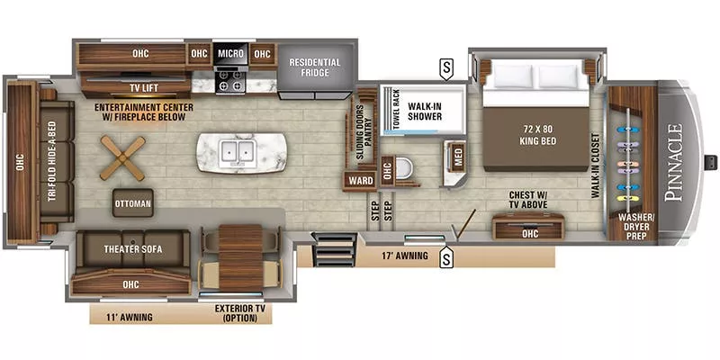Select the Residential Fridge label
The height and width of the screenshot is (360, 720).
314,68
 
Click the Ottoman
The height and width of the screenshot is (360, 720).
132,203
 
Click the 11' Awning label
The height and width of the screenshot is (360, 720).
130,316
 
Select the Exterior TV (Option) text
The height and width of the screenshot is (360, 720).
238,312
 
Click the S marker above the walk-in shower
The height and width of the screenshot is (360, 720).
445,66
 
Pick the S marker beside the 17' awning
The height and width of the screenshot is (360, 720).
445,258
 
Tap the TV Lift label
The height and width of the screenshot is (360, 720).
146,87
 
